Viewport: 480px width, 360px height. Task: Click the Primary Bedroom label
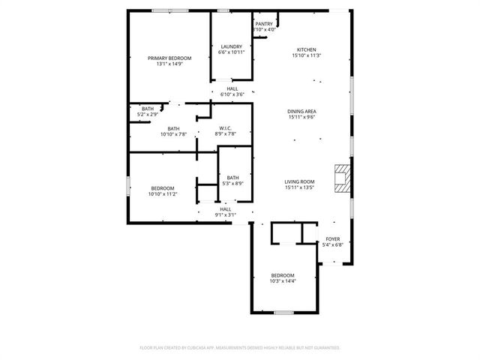(169, 58)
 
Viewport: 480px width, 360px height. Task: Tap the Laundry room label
(231, 46)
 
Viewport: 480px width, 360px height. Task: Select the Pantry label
(264, 24)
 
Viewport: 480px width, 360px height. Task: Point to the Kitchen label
(307, 48)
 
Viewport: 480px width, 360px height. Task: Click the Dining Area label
(301, 111)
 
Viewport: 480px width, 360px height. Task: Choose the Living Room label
(299, 181)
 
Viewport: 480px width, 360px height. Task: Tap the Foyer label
(332, 238)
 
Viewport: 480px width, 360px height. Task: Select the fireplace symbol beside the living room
(343, 178)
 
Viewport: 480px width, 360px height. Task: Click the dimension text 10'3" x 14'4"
(283, 281)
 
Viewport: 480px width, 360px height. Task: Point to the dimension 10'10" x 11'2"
(163, 194)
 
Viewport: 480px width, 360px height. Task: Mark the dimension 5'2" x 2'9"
(148, 115)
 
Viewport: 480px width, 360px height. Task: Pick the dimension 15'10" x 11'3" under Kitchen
(307, 55)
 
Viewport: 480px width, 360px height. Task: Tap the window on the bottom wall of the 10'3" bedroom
(282, 312)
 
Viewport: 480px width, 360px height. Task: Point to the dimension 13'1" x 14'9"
(169, 64)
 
